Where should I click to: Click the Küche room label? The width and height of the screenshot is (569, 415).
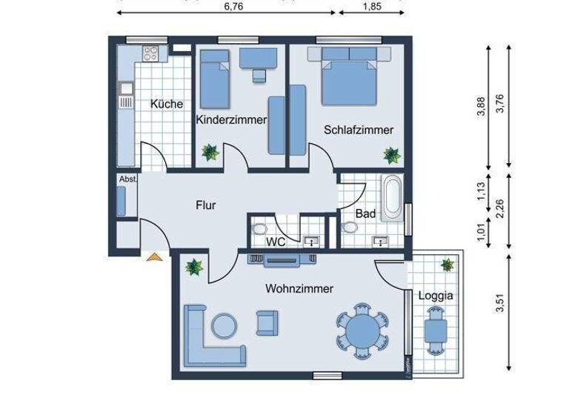coord(167,104)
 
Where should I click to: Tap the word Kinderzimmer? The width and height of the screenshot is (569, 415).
coord(231,119)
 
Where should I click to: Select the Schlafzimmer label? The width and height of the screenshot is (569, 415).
coord(358,130)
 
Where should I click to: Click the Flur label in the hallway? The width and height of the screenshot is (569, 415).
coord(206,205)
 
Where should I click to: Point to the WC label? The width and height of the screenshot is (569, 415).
coord(276,242)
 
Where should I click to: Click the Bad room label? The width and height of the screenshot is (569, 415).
coord(365,213)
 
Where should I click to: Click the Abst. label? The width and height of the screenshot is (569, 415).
coord(127,179)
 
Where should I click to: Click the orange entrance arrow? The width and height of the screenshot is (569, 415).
coord(154,256)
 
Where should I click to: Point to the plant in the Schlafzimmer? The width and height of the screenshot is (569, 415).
coord(391,155)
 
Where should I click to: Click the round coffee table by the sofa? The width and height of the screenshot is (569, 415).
coord(224,324)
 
